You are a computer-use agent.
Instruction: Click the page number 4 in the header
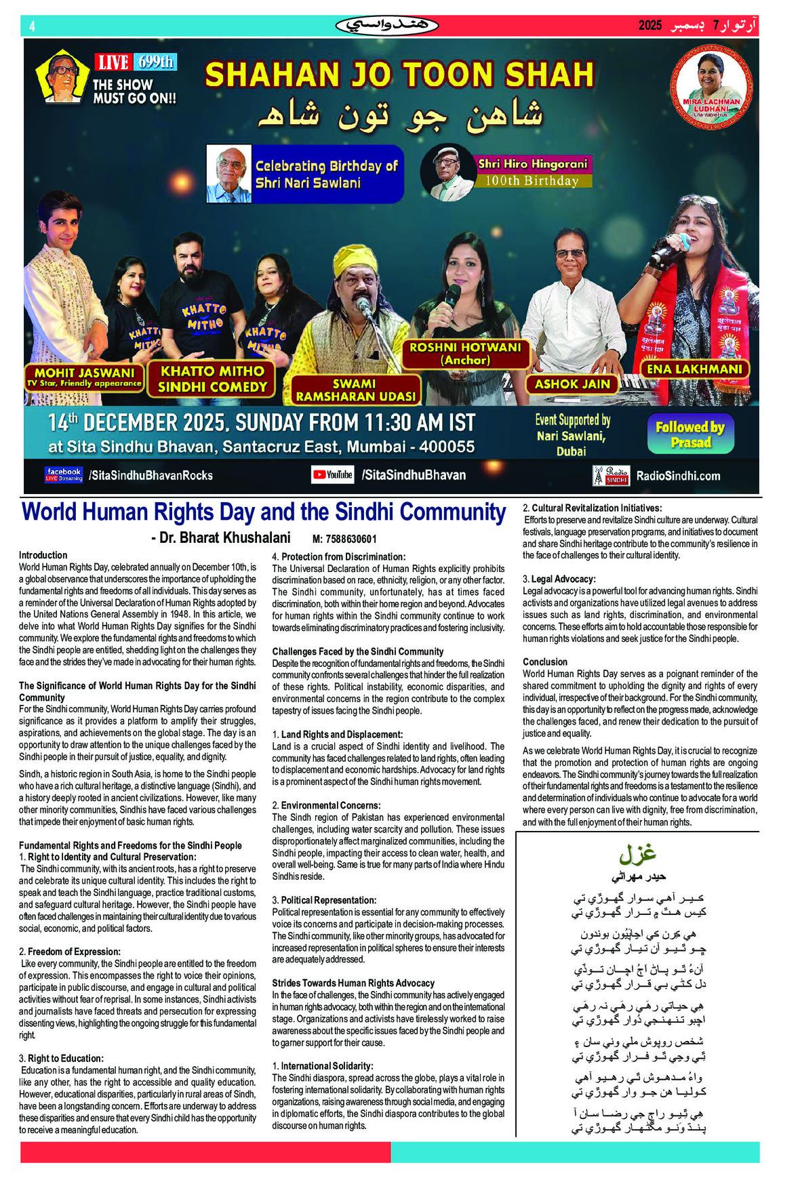[x=32, y=26]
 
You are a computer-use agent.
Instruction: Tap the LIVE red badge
[x=113, y=63]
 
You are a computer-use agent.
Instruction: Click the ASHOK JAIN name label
[x=572, y=384]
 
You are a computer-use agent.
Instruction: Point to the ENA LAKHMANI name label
[x=694, y=369]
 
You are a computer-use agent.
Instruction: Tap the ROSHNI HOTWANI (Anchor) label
[x=465, y=354]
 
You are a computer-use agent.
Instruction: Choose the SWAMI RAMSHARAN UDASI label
[x=354, y=390]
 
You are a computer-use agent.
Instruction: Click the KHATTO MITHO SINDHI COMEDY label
[x=212, y=379]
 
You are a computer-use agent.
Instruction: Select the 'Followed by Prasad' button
[x=689, y=434]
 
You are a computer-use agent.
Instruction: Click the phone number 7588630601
[x=344, y=539]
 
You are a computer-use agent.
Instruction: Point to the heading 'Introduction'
[x=43, y=555]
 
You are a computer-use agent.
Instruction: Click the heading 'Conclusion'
[x=545, y=661]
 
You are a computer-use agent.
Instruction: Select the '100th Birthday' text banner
[x=532, y=181]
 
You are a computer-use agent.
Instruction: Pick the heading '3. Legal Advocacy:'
[x=559, y=579]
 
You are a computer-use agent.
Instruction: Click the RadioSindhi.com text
[x=677, y=476]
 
